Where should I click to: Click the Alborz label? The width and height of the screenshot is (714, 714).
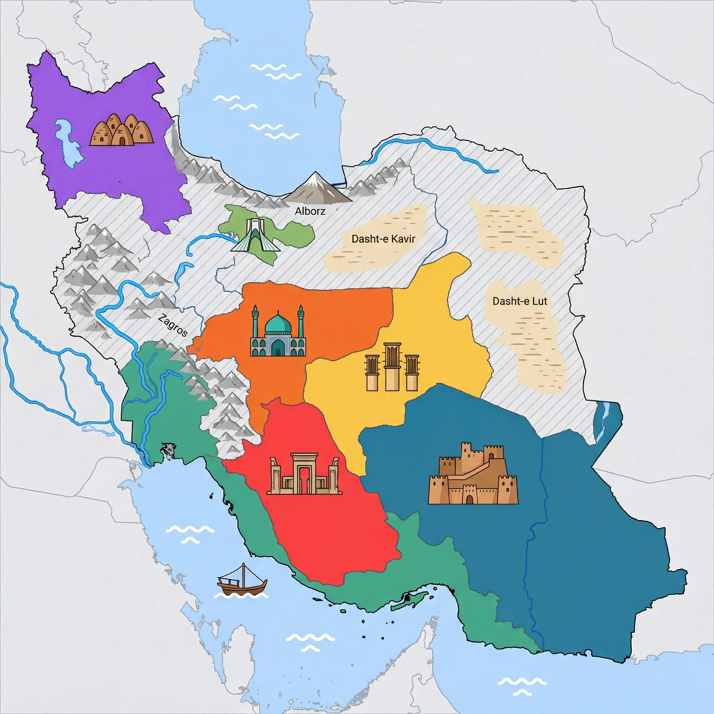pos(310,211)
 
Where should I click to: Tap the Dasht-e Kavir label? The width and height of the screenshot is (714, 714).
pos(383,239)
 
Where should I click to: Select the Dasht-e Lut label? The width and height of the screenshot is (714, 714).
pos(519,301)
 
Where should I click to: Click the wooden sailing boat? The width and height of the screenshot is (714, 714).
pos(242,584)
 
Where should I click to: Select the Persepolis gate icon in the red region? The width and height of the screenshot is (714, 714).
pos(304,474)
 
